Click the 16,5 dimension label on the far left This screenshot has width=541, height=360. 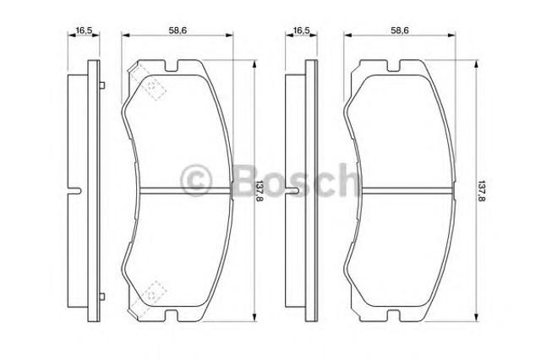coord(84,30)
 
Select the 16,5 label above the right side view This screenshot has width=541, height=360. coord(301,30)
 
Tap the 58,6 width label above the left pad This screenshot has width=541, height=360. coord(178,30)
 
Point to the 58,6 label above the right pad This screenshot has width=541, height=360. coord(400,30)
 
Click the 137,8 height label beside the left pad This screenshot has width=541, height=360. coord(259,192)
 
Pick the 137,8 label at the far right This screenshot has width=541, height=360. coord(480,192)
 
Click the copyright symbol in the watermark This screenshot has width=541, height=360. coord(195,180)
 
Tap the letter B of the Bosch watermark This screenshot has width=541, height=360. coord(246,180)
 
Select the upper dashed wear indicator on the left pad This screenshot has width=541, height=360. coord(147,83)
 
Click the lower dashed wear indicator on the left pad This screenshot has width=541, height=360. coord(147,298)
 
